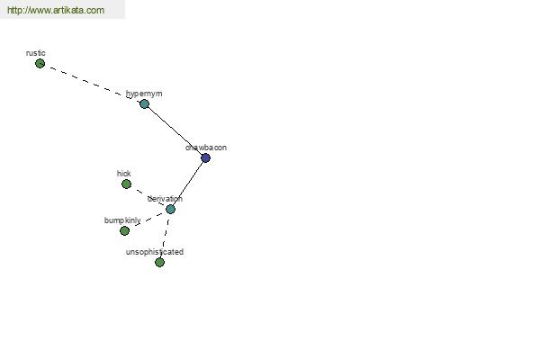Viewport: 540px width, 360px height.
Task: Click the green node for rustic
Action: [x=40, y=63]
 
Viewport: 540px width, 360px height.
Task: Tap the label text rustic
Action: [x=36, y=53]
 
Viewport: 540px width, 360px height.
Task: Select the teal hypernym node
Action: [x=144, y=103]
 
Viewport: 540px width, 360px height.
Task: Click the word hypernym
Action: [x=144, y=94]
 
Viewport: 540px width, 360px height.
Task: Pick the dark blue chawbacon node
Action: [x=205, y=157]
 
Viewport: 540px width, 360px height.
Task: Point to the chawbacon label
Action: [x=206, y=148]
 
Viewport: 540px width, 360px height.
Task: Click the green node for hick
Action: [x=126, y=184]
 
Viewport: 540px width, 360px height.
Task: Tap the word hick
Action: [x=124, y=174]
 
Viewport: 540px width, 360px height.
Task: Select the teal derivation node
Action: [x=170, y=209]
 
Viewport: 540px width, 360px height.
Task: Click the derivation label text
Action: [x=165, y=199]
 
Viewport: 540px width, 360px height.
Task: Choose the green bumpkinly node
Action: [x=125, y=230]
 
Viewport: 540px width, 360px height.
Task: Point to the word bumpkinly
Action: [x=122, y=220]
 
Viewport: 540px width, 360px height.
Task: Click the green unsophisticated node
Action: [x=159, y=262]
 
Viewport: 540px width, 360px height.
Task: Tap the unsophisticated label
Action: [x=155, y=252]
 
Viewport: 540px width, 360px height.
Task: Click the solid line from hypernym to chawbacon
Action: [x=175, y=130]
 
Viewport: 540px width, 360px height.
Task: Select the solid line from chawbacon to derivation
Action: [x=188, y=184]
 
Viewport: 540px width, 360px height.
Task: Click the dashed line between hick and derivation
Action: [x=148, y=197]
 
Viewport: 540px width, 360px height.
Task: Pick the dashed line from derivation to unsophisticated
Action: [x=165, y=236]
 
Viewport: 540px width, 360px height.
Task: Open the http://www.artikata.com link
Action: [x=56, y=10]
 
